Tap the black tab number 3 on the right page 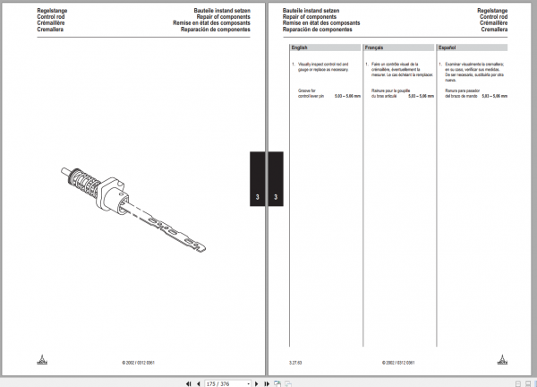(275, 196)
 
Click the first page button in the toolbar (187, 383)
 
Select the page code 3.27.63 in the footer (294, 363)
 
